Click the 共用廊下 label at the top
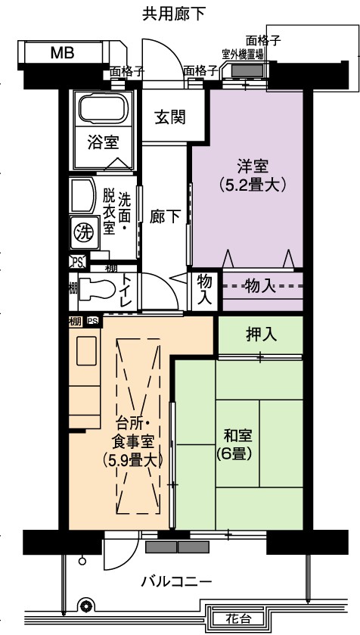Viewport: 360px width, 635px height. click(x=174, y=14)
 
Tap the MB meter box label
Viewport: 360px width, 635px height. click(x=62, y=53)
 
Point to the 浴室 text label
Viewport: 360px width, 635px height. click(x=103, y=142)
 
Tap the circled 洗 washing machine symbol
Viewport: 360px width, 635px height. click(x=85, y=232)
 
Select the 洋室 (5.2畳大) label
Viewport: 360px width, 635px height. click(x=253, y=176)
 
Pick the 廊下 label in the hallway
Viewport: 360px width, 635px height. click(x=165, y=216)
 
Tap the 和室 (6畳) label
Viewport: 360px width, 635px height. click(x=237, y=445)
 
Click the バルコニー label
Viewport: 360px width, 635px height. click(x=176, y=582)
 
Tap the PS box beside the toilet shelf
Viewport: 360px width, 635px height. click(x=78, y=263)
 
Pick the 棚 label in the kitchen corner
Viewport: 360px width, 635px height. click(x=75, y=322)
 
